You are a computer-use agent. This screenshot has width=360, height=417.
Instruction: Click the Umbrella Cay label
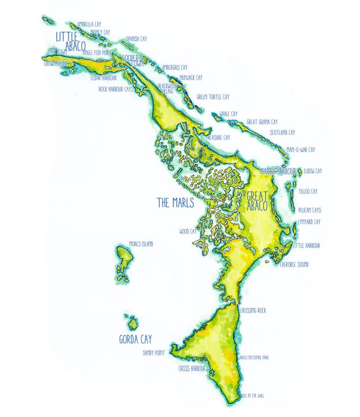89,24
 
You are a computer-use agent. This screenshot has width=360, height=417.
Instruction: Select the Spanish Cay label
136,39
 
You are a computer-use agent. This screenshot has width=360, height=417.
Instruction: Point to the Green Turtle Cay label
213,97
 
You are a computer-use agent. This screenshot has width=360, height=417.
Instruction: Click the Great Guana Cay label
262,121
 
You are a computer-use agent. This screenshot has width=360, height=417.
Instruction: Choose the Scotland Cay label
282,132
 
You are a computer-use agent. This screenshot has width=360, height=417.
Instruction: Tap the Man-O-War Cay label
301,149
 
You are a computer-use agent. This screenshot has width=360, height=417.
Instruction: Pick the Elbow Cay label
313,171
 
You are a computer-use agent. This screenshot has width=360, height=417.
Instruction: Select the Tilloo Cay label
308,191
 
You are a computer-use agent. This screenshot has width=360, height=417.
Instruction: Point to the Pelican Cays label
310,210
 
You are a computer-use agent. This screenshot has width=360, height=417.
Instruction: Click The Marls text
176,202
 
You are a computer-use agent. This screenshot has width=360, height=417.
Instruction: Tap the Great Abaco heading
257,201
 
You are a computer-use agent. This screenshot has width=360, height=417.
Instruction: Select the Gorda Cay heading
135,339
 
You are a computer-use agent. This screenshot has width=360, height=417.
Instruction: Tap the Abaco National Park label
253,358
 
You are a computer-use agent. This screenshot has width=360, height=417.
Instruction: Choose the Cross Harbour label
192,368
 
